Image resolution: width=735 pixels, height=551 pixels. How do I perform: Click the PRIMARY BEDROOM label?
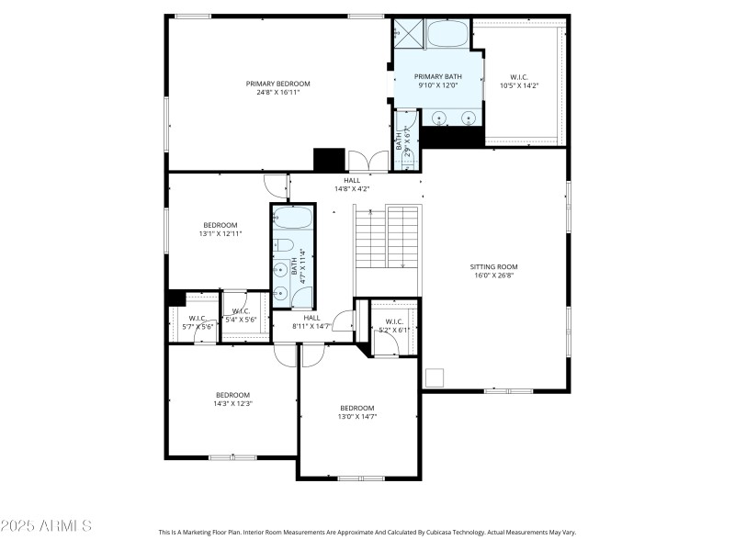(x=277, y=84)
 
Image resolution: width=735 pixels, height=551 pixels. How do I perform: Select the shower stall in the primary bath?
(x=409, y=33)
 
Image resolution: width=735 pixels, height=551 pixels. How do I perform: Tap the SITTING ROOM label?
(x=495, y=266)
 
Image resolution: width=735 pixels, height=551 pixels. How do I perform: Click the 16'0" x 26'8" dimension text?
(x=495, y=275)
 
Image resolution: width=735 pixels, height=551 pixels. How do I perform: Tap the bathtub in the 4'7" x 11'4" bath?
(x=292, y=220)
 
